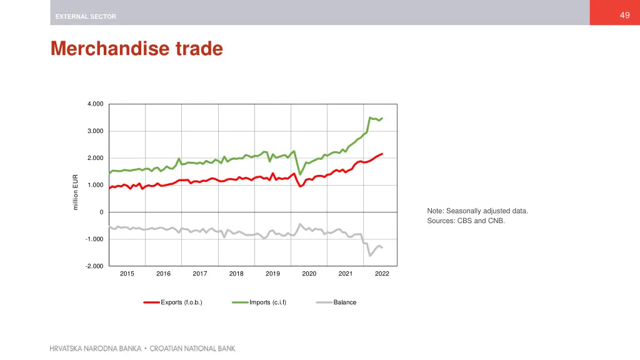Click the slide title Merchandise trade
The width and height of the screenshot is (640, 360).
(x=137, y=49)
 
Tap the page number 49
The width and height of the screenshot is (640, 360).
(x=624, y=16)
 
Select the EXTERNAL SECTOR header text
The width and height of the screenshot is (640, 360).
(x=86, y=16)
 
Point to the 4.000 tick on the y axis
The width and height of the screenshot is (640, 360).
(x=96, y=104)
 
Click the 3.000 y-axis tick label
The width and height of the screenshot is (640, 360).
(x=96, y=131)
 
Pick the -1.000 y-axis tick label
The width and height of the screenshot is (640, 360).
(x=94, y=239)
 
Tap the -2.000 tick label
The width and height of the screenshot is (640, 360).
(x=94, y=266)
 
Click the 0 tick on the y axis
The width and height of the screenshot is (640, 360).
(x=101, y=212)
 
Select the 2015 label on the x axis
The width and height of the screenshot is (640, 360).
(x=127, y=274)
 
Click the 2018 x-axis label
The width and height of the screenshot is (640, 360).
(x=236, y=274)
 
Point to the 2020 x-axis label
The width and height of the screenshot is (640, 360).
(x=309, y=274)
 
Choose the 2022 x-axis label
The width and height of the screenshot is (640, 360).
(x=382, y=274)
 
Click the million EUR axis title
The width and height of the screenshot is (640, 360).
(x=76, y=192)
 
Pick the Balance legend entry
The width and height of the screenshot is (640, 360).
(x=344, y=302)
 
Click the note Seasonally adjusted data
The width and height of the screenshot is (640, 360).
(x=477, y=211)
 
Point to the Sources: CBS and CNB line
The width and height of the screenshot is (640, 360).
(x=466, y=221)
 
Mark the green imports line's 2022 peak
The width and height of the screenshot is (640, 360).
(x=370, y=117)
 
